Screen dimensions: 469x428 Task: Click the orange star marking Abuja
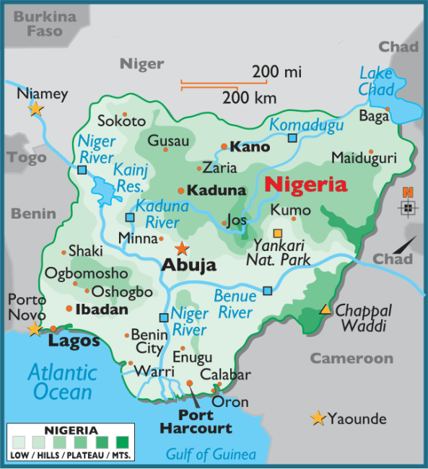click(x=182, y=249)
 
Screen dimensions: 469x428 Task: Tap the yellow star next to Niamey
click(x=35, y=109)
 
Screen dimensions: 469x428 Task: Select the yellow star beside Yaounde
click(x=317, y=418)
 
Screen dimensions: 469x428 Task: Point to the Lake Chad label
click(x=377, y=82)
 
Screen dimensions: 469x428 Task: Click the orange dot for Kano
click(x=224, y=146)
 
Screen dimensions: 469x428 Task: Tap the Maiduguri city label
click(x=364, y=157)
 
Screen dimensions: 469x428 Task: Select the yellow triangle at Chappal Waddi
click(x=326, y=310)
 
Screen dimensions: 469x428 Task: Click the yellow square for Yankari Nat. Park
click(x=278, y=233)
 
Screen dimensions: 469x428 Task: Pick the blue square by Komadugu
click(x=292, y=138)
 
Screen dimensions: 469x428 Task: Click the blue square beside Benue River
click(x=267, y=291)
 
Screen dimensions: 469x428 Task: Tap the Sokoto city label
click(x=121, y=121)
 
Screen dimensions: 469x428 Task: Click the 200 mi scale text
click(x=276, y=72)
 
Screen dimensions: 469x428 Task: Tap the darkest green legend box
click(x=122, y=441)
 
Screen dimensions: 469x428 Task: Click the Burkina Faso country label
click(x=45, y=23)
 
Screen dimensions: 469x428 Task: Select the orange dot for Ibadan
click(x=69, y=309)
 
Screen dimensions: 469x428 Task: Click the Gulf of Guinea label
click(x=211, y=455)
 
